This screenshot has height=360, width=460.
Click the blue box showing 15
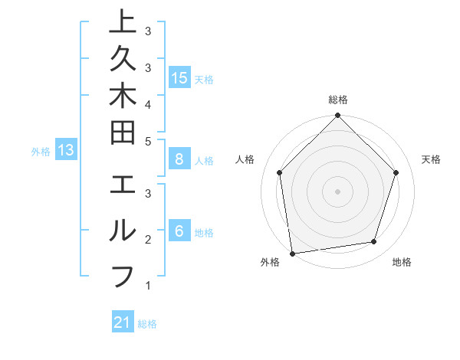click(179, 77)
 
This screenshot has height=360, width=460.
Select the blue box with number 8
click(179, 159)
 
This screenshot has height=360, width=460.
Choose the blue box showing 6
click(179, 231)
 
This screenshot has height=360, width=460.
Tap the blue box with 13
click(66, 150)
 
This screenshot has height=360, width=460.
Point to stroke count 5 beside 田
click(147, 140)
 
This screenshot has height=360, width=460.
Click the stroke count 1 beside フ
click(147, 286)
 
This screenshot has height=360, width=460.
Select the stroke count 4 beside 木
click(147, 103)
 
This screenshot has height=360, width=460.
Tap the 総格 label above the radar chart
click(337, 100)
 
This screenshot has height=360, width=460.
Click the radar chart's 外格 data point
click(292, 253)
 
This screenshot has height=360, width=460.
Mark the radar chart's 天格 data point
click(396, 172)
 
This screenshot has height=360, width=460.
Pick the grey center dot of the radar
click(337, 191)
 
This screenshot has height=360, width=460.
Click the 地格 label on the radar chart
click(402, 262)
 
